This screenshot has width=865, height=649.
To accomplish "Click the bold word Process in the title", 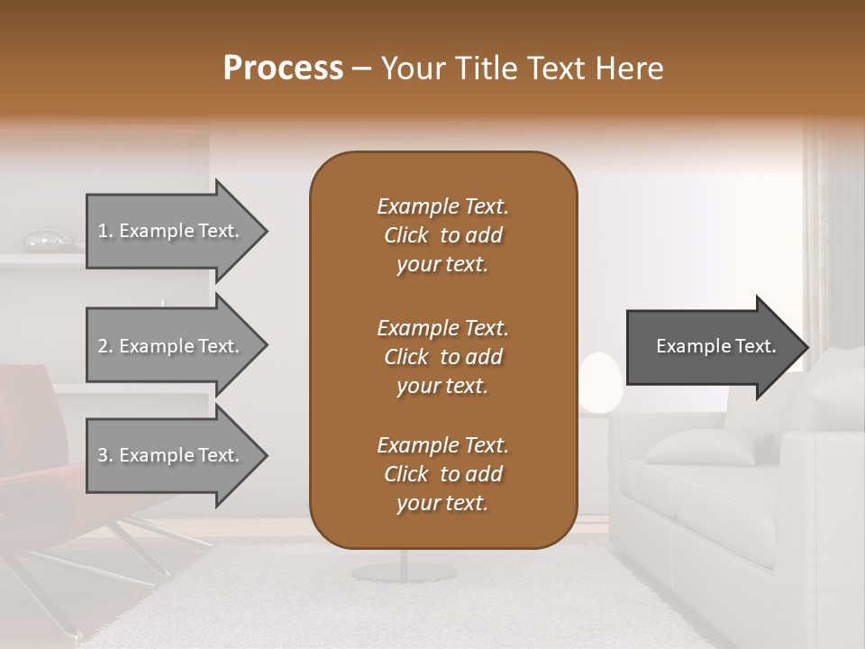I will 283,69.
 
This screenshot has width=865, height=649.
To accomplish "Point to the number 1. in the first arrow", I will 105,232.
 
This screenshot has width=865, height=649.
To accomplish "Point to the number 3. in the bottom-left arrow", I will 105,456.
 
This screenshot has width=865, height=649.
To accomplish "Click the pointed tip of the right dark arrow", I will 806,347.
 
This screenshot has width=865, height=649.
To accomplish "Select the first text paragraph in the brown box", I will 442,235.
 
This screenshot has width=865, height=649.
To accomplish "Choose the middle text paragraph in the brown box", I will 442,357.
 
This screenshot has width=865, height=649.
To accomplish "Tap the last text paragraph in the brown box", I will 442,474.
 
